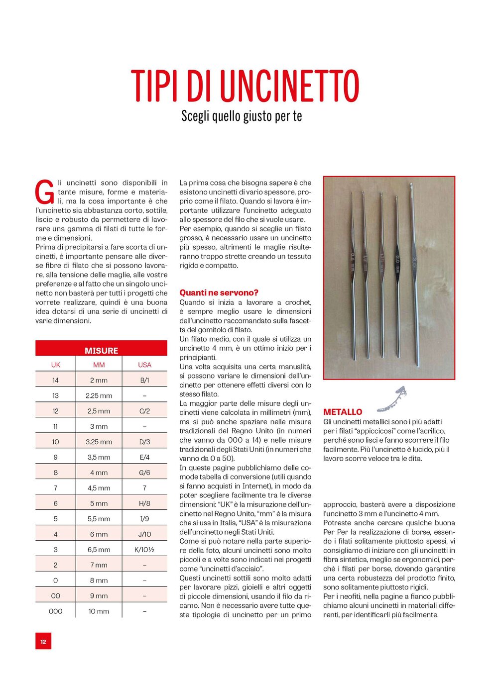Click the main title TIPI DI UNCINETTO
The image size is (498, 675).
(x=245, y=86)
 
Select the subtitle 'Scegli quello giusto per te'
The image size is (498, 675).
(x=242, y=116)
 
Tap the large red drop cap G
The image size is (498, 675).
(x=45, y=192)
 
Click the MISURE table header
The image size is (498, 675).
(x=101, y=350)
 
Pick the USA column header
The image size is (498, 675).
(x=144, y=365)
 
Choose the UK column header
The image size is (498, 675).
(x=55, y=365)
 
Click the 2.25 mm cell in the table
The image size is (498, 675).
(x=99, y=395)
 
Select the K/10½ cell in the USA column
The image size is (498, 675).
(x=144, y=550)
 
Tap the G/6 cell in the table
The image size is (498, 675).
(x=144, y=473)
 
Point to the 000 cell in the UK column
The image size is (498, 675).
(x=55, y=611)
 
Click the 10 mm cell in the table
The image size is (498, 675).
(x=99, y=611)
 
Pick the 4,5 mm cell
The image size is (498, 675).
(x=99, y=488)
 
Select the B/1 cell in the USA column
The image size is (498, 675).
(x=144, y=380)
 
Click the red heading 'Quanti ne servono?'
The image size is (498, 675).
(x=219, y=292)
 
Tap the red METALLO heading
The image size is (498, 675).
(x=343, y=412)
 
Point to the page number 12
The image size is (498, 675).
(x=43, y=642)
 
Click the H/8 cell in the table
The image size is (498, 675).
(x=144, y=503)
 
